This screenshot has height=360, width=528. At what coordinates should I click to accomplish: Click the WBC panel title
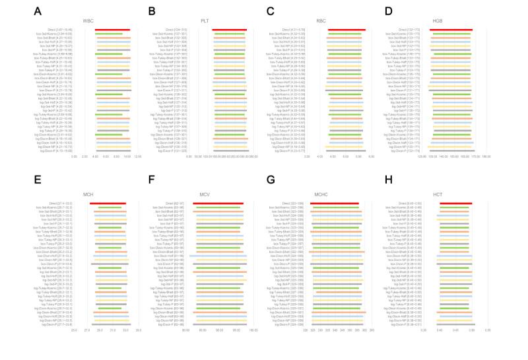pyautogui.click(x=97, y=20)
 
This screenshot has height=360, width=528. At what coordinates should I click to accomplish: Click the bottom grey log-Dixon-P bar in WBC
pyautogui.click(x=113, y=151)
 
